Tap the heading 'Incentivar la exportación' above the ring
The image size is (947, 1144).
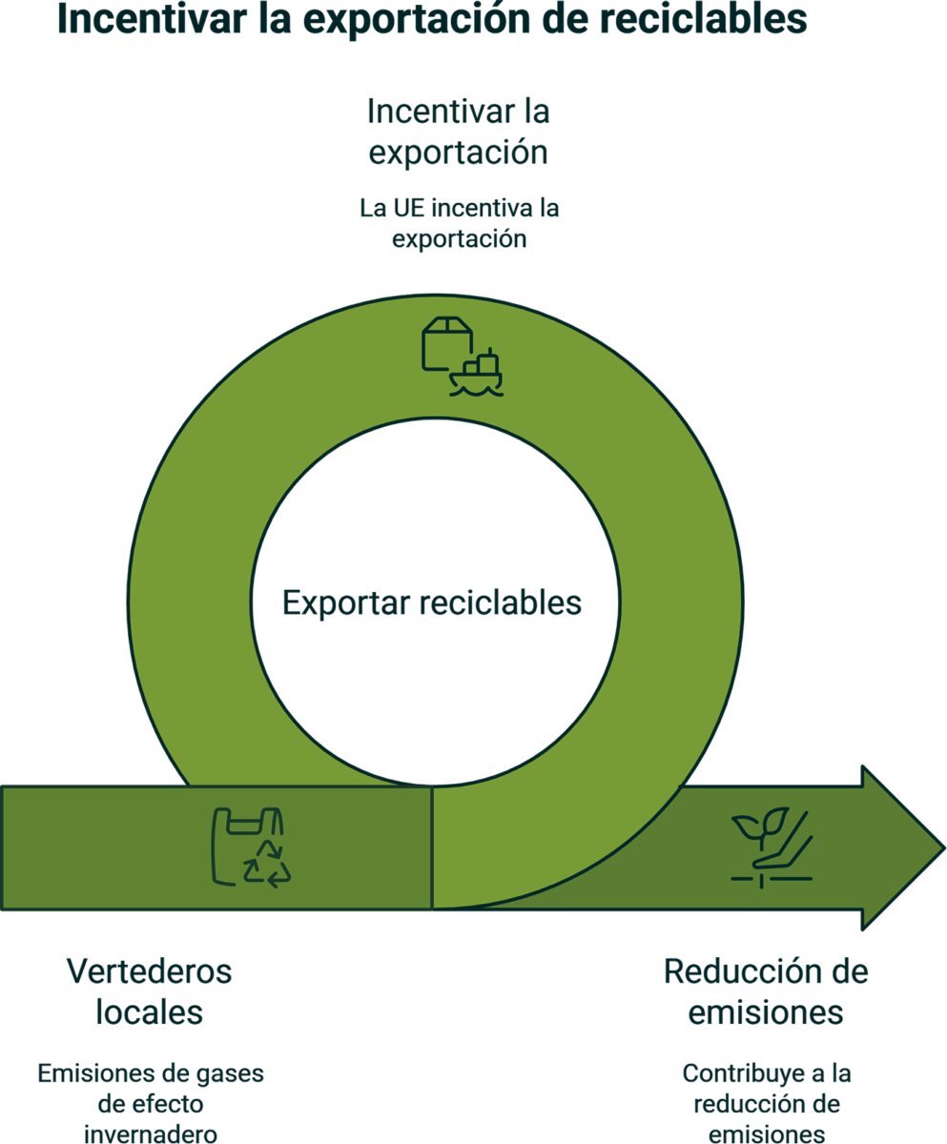pos(459,132)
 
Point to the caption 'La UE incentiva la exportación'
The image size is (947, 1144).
pos(459,223)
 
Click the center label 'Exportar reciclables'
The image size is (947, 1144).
pos(432,603)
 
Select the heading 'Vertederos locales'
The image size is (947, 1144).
pos(150,991)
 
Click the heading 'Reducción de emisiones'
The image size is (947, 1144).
pos(766,991)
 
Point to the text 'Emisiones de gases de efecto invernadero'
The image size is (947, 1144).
pos(151,1104)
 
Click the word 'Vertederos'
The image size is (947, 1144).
pos(150,973)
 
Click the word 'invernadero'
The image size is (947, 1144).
pos(151,1134)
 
